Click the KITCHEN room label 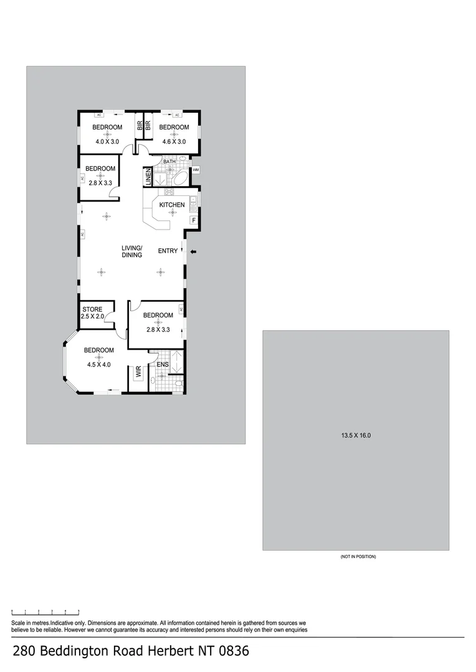click(x=172, y=205)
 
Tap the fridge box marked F click(x=194, y=220)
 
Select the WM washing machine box click(x=196, y=170)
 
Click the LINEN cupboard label click(x=148, y=177)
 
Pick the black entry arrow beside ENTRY click(x=193, y=251)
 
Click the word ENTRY click(x=168, y=251)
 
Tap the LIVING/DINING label click(x=132, y=251)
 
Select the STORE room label click(x=92, y=309)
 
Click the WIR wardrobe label click(x=138, y=373)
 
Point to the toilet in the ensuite click(x=178, y=385)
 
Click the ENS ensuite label click(x=162, y=365)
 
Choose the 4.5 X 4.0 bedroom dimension click(x=98, y=365)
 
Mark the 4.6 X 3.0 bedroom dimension click(x=174, y=142)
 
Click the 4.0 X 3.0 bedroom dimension click(x=107, y=142)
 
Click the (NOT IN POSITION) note click(x=358, y=556)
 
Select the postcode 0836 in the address click(x=232, y=651)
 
